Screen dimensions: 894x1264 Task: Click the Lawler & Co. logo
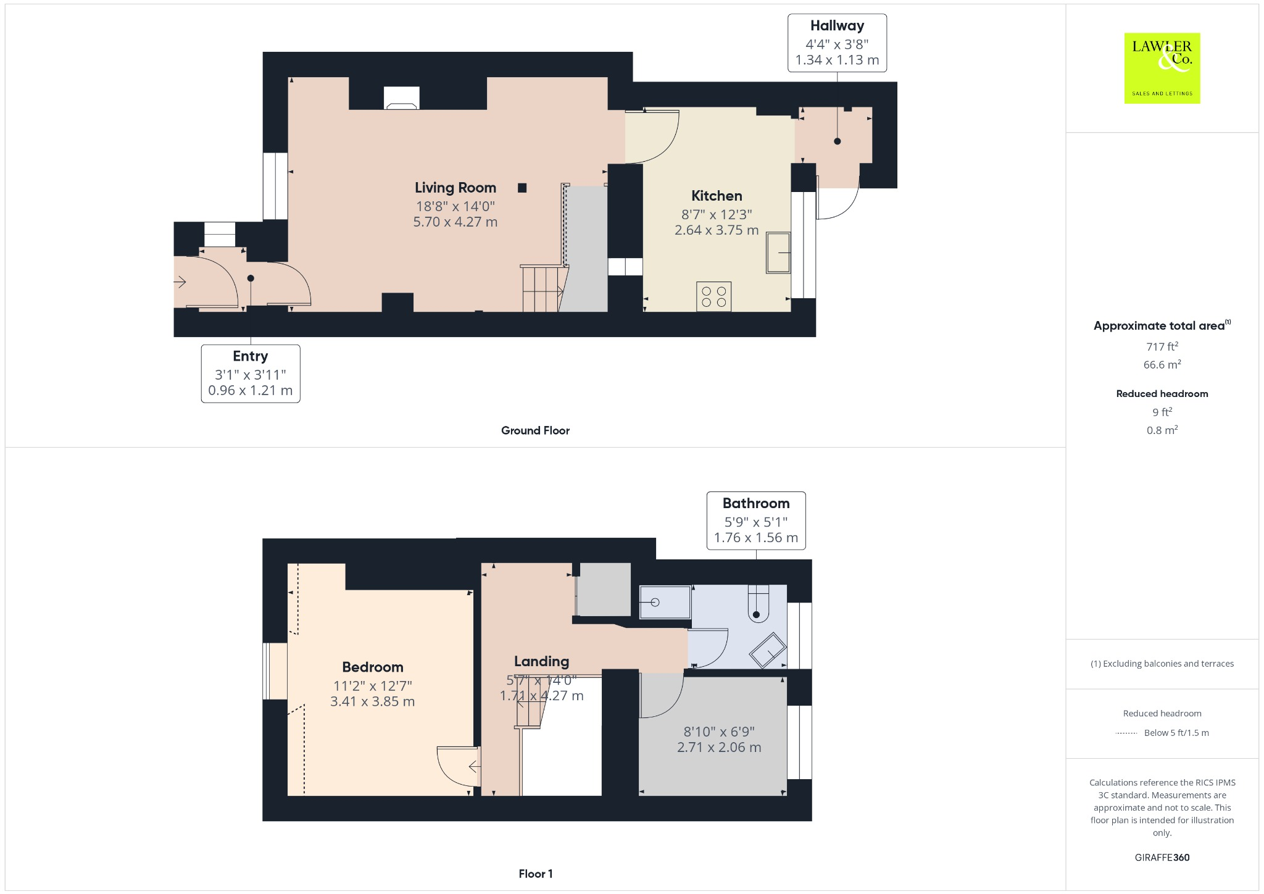1162,68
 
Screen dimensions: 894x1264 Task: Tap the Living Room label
455,188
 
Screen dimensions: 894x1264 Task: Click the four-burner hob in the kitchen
714,296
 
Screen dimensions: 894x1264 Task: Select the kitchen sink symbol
778,252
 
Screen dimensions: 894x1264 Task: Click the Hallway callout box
837,43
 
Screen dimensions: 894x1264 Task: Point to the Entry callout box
251,374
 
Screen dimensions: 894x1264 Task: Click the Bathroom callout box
755,520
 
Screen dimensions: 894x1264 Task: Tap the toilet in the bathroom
758,604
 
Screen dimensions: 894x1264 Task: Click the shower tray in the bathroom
665,602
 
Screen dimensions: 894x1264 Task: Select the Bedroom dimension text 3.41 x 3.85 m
372,701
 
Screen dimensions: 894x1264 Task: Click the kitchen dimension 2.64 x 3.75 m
716,230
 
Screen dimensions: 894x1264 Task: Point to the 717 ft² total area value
1162,346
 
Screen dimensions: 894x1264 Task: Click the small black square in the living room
522,188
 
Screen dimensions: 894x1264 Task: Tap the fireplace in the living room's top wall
401,98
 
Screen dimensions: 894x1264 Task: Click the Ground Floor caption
535,430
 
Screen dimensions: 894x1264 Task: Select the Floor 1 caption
535,874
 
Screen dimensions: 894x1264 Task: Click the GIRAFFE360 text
1162,857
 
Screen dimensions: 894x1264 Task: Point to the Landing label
541,661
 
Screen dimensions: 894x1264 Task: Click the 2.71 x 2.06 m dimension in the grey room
718,747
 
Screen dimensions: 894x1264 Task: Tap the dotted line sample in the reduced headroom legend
1126,733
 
